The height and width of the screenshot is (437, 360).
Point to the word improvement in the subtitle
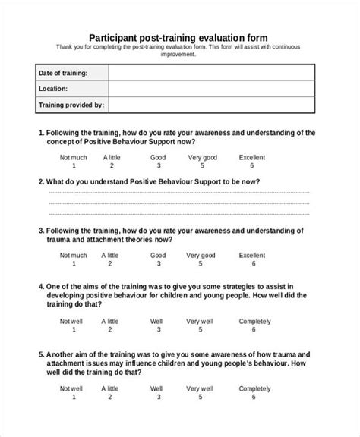coord(178,54)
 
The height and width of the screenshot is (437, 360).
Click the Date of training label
coord(62,73)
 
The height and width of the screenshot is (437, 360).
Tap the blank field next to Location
coord(210,89)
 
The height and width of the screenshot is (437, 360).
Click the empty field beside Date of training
coord(210,73)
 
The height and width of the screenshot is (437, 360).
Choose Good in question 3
coord(158,256)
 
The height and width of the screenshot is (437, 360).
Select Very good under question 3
coord(202,256)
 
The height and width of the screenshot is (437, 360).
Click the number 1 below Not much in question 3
coord(74,265)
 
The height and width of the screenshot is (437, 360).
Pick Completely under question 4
coord(254,322)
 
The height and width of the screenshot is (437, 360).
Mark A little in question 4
coord(111,322)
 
